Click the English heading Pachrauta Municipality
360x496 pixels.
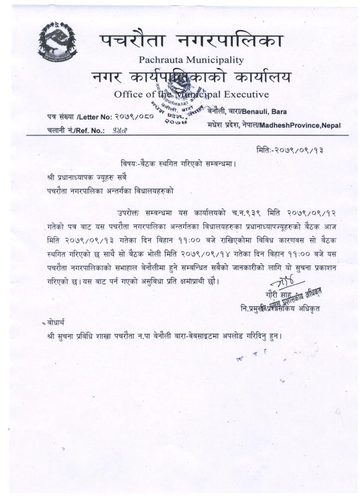coord(191,59)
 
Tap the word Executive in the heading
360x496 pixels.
coord(243,94)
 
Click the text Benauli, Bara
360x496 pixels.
coord(263,112)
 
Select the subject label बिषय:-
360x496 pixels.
coord(133,164)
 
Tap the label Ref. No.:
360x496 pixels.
coord(92,131)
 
